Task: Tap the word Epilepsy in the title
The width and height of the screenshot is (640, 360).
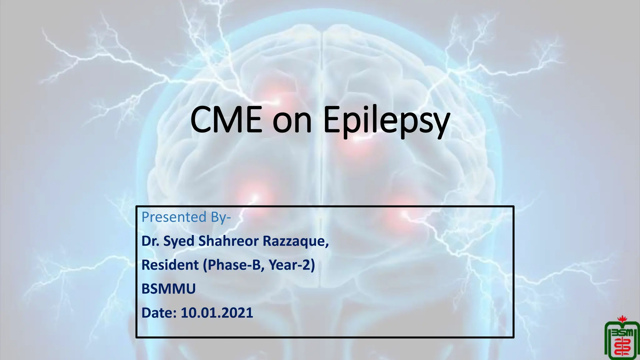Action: click(x=386, y=120)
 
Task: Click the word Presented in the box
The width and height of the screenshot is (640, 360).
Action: click(x=174, y=217)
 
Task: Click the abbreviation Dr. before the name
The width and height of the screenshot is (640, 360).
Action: click(x=150, y=241)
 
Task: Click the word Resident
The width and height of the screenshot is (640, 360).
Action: click(x=170, y=265)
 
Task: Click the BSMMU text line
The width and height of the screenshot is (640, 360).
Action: click(x=168, y=289)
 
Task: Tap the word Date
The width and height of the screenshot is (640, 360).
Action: click(x=159, y=313)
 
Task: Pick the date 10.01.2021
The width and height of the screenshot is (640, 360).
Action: click(x=217, y=313)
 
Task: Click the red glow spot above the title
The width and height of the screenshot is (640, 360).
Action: click(x=275, y=94)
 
